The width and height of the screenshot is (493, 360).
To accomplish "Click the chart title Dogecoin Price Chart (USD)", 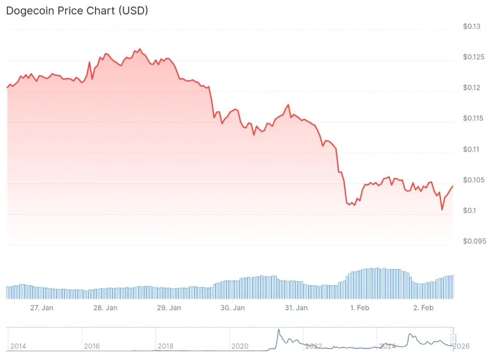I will [x=77, y=11].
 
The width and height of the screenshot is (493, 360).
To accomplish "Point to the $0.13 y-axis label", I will [x=471, y=26].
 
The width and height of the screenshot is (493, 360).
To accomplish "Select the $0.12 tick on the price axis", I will [x=471, y=88].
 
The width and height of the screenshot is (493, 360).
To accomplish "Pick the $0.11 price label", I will [x=471, y=149].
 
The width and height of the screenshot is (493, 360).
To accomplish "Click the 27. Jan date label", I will [x=41, y=308].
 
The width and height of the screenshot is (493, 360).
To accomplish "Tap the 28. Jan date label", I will [x=105, y=308].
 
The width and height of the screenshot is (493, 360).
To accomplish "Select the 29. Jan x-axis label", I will [x=169, y=308].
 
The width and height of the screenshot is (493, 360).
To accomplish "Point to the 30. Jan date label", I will [x=233, y=308].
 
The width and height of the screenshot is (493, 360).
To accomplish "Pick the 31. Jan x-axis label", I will [x=296, y=308].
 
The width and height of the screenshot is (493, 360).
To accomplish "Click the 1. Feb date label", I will [x=360, y=308].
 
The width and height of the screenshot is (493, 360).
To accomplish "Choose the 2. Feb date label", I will [x=423, y=308].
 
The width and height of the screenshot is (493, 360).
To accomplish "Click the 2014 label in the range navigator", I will [x=18, y=346].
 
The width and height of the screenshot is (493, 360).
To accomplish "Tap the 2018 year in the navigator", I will [x=165, y=346].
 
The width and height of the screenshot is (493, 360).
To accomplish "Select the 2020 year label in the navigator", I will [x=239, y=346].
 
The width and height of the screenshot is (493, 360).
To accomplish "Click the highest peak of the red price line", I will [x=140, y=49].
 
